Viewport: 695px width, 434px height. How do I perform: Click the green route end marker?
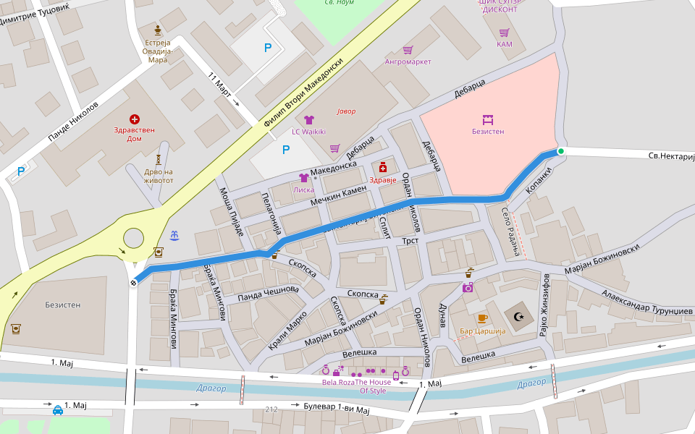coord(560,151)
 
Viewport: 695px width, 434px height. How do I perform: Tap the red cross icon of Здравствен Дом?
coord(134,119)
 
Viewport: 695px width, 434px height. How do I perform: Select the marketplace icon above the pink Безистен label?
coord(488,119)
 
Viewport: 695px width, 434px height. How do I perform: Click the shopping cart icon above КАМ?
coord(504,33)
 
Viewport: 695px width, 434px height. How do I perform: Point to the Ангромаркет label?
coord(408,61)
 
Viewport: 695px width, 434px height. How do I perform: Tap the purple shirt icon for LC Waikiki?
coord(308,119)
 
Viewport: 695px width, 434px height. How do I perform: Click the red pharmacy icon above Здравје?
coord(383,167)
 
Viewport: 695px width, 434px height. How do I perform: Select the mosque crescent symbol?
coord(518,317)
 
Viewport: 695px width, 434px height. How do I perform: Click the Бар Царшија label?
coord(481,331)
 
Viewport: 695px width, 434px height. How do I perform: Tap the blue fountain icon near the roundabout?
coord(174,235)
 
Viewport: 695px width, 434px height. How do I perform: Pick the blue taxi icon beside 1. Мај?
coord(57,410)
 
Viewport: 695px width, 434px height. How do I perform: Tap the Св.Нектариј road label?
coord(661,156)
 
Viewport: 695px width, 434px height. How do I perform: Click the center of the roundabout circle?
coord(134,238)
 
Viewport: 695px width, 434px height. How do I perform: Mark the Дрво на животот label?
coord(159,176)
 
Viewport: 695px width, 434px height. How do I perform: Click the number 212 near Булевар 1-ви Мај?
coord(271,409)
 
